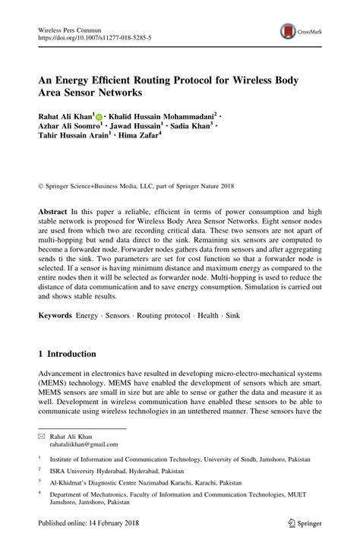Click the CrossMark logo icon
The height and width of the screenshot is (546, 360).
[x=289, y=31]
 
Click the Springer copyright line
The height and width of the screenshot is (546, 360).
[x=139, y=184]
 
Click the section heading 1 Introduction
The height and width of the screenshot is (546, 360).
[x=68, y=354]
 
